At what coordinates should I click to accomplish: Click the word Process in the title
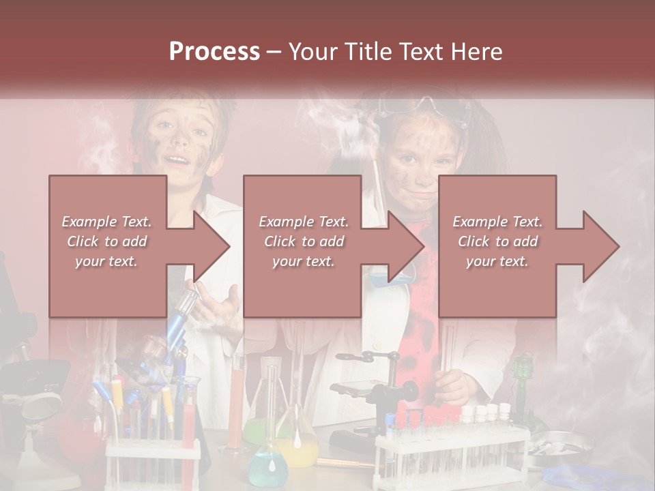coord(214,52)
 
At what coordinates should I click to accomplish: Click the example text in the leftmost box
coord(106,241)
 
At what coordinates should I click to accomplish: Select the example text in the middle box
coord(303,241)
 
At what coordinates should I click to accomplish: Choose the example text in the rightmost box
coord(497,241)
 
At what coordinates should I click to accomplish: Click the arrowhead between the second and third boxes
coord(407,247)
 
